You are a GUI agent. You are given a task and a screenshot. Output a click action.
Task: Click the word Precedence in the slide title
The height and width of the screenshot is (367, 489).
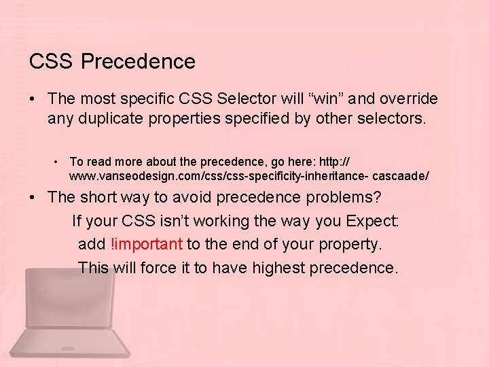coord(138,62)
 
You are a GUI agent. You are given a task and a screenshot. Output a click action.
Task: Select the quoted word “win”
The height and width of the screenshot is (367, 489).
coord(308,99)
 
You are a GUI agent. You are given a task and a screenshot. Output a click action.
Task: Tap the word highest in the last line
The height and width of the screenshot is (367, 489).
coord(278,268)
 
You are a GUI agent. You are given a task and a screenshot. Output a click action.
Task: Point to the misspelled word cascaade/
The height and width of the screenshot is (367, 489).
coord(404,175)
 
